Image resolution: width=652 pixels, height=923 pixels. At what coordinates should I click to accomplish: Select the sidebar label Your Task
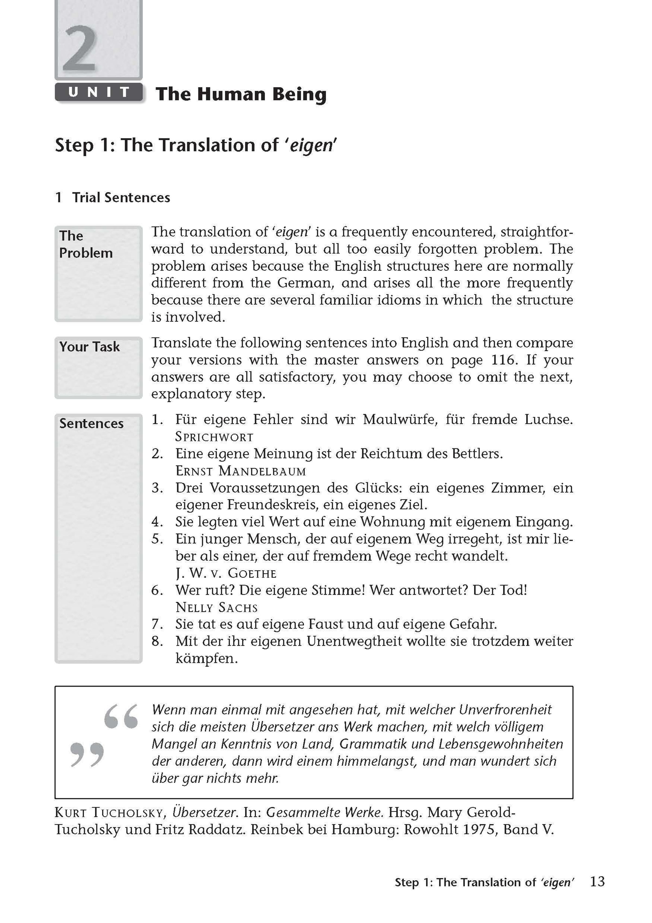point(89,346)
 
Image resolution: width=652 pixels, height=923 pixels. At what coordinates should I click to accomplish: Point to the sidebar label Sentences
point(91,423)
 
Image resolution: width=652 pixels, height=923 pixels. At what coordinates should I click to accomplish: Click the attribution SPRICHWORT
point(214,437)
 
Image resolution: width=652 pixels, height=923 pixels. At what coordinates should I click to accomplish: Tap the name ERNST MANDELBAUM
point(240,471)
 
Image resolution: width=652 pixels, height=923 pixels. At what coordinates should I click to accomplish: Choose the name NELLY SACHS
point(217,607)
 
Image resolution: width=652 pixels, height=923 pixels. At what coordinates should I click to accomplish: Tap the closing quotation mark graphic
point(87,755)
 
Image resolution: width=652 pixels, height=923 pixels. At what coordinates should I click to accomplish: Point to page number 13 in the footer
point(597,882)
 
